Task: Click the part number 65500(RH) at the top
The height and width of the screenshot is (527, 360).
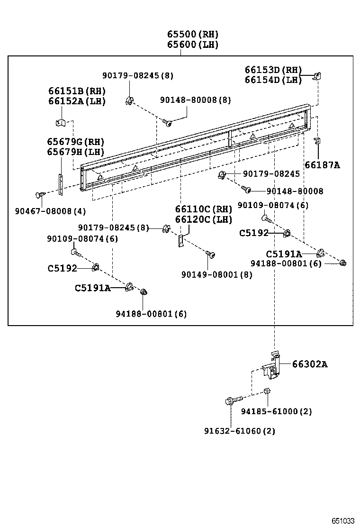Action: pos(192,34)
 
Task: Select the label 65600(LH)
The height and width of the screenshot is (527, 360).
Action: pos(192,45)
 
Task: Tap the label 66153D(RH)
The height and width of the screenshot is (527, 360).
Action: pos(273,70)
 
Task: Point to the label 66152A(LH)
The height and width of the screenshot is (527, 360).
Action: pos(76,101)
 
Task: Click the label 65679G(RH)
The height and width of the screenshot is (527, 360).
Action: pos(75,142)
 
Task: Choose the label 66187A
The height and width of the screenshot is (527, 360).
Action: pos(322,165)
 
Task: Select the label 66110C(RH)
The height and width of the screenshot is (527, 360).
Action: pos(204,209)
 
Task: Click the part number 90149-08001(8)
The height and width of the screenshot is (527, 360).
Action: pos(216,274)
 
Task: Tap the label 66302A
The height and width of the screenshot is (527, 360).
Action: pos(309,364)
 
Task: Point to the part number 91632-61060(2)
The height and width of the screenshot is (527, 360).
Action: pos(240,431)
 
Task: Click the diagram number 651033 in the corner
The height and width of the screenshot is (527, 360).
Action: pos(342,520)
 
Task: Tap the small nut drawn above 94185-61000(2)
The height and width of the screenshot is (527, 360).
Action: pos(267,391)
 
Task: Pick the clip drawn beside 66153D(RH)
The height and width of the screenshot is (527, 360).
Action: pos(318,76)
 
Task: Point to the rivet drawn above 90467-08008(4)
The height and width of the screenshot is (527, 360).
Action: pos(40,195)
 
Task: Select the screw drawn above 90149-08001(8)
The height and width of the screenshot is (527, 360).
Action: pos(210,254)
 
